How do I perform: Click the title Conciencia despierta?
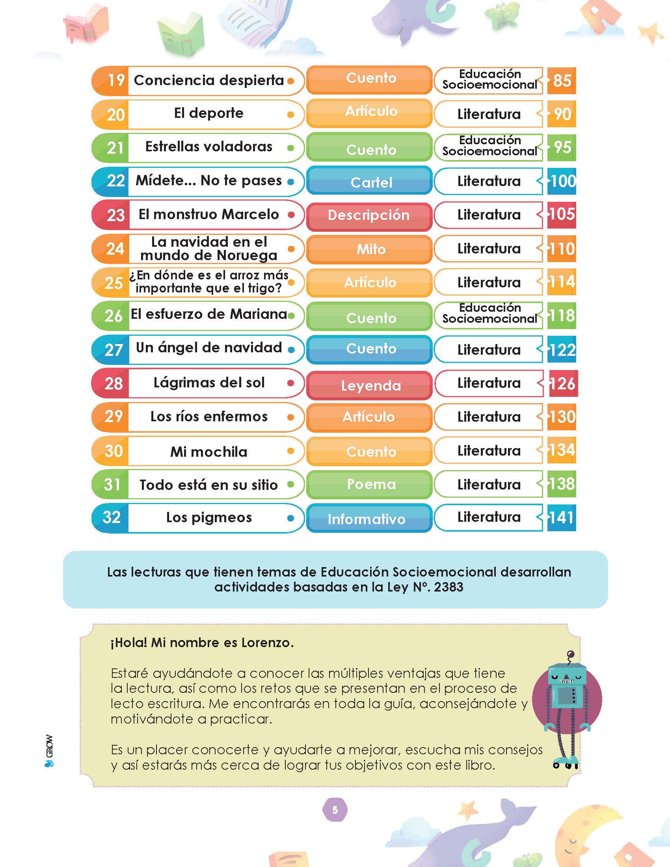pos(209,80)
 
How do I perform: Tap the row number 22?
pos(116,181)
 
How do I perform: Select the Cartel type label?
pos(371,182)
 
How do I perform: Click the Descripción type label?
pos(369,215)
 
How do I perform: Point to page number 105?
pos(562,214)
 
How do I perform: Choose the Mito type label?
pos(371,249)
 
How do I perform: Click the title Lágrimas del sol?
pos(209,383)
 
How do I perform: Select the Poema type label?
pos(371,484)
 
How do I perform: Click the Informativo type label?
pos(367,519)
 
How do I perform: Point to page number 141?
pos(562,518)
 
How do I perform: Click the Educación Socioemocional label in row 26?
pos(490,313)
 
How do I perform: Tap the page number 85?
pos(562,81)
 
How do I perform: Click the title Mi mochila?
pos(209,452)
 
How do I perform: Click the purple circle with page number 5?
pos(335,810)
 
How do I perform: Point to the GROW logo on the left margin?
pos(49,751)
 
